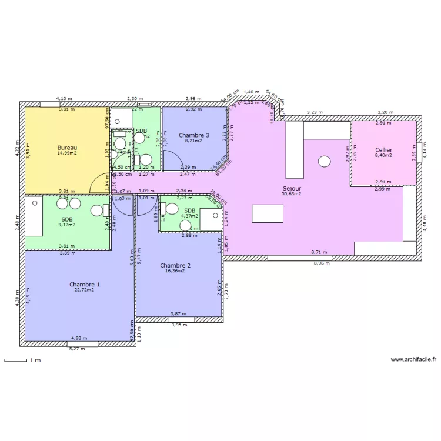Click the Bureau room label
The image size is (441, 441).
(x=67, y=148)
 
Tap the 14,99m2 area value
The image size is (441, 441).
(x=67, y=153)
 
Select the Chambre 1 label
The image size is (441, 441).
(x=84, y=285)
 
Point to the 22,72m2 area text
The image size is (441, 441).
(x=84, y=290)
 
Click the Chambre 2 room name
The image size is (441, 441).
(x=175, y=266)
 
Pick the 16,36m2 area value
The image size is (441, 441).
(x=175, y=271)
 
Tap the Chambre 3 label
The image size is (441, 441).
(x=193, y=135)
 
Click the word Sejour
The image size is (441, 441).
(x=292, y=188)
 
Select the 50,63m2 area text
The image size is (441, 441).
(x=292, y=193)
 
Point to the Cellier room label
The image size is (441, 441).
(x=383, y=151)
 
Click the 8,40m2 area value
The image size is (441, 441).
(x=383, y=156)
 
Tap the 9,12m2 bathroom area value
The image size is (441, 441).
(x=66, y=224)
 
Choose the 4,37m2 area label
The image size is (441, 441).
(x=189, y=216)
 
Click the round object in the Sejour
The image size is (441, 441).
(x=324, y=161)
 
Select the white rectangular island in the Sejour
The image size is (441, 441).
(x=268, y=213)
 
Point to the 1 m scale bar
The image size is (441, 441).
(x=16, y=360)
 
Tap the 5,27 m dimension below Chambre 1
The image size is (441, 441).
(x=77, y=349)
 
